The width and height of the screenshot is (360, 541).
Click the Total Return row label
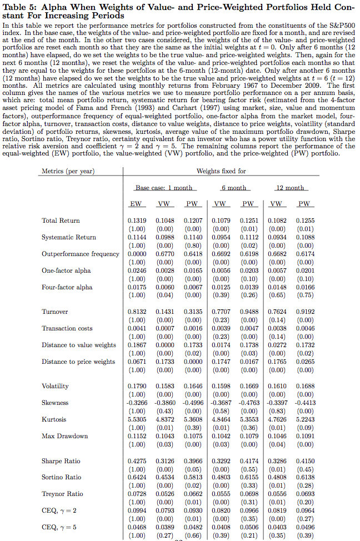61,221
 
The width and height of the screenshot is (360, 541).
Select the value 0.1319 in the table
137,221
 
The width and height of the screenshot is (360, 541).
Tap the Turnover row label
55,312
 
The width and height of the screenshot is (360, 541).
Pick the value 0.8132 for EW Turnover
137,312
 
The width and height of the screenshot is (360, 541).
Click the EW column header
136,204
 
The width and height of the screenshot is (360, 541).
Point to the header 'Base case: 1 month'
164,188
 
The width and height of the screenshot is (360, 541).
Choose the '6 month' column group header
233,188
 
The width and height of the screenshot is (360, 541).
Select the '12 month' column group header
291,188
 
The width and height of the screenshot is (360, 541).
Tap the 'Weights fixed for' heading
221,171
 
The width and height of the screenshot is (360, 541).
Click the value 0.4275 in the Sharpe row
137,461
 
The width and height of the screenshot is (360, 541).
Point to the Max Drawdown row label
64,436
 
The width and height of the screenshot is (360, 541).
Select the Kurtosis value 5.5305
137,419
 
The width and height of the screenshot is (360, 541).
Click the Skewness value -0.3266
136,403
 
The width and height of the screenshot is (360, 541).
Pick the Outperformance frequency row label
80,254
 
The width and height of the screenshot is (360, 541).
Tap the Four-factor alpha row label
67,287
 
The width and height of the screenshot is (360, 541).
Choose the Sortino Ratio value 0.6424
137,477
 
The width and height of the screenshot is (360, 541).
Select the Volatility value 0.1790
137,386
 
